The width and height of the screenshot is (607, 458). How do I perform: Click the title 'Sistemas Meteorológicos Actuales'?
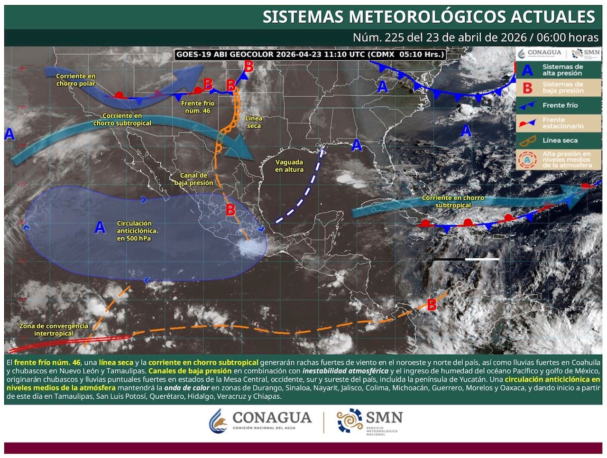tap(429, 17)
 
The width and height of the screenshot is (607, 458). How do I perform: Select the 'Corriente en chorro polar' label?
tap(76, 80)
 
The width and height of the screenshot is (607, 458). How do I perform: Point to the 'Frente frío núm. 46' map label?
tap(198, 107)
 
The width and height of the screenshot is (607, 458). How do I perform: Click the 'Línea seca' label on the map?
tap(254, 122)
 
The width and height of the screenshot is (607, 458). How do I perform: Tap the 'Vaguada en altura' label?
tap(289, 166)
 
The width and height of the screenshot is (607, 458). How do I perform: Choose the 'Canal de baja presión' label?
tap(193, 179)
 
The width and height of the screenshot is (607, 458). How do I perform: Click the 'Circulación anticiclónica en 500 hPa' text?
tap(137, 230)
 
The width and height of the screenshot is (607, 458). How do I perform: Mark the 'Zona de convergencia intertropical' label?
tap(54, 329)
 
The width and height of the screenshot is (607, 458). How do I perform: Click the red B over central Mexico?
tap(230, 209)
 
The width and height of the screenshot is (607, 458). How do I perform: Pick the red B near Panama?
tap(432, 305)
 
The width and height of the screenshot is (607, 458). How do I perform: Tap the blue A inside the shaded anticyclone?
tap(100, 228)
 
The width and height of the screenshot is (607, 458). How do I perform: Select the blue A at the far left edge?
tap(9, 134)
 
